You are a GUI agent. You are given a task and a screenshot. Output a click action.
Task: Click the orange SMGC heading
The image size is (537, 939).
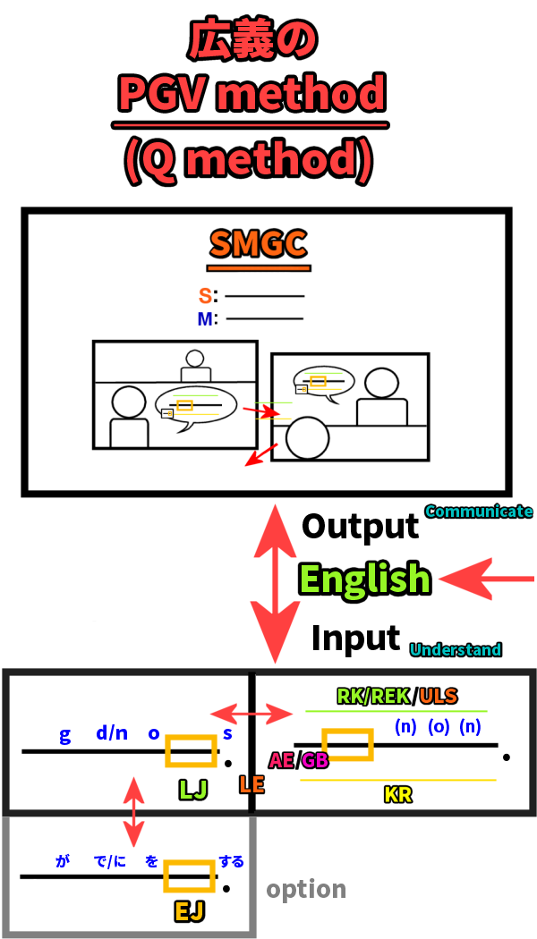click(x=259, y=243)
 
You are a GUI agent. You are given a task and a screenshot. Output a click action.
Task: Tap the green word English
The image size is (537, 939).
click(x=364, y=579)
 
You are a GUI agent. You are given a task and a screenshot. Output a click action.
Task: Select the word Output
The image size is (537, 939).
click(x=360, y=526)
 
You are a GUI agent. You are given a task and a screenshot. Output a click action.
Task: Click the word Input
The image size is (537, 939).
click(x=355, y=639)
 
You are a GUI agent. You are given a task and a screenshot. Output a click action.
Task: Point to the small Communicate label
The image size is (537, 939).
click(x=478, y=512)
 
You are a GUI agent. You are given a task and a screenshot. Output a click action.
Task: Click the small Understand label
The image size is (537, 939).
click(x=456, y=650)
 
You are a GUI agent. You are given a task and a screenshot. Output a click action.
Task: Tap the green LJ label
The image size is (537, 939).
click(x=193, y=789)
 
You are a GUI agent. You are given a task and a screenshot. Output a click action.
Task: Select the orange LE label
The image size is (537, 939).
click(x=251, y=785)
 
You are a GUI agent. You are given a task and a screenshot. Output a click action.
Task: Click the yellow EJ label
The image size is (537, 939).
click(x=189, y=911)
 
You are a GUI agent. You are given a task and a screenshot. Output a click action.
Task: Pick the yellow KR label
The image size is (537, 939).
click(x=397, y=794)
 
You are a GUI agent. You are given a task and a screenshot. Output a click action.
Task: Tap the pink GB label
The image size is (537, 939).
click(x=314, y=760)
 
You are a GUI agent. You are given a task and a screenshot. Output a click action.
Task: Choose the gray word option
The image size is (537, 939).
click(x=306, y=889)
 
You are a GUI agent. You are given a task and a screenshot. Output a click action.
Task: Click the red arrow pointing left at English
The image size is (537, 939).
click(x=488, y=579)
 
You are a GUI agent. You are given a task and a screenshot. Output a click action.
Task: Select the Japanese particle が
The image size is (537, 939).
click(x=63, y=862)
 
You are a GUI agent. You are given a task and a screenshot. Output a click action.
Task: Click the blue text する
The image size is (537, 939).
click(x=232, y=862)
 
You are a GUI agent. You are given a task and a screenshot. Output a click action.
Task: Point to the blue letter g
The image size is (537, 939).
click(x=64, y=736)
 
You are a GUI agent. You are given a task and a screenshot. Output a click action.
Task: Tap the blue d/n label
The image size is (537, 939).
click(x=112, y=734)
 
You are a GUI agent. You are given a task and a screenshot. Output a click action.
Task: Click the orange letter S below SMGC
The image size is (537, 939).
click(x=205, y=295)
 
